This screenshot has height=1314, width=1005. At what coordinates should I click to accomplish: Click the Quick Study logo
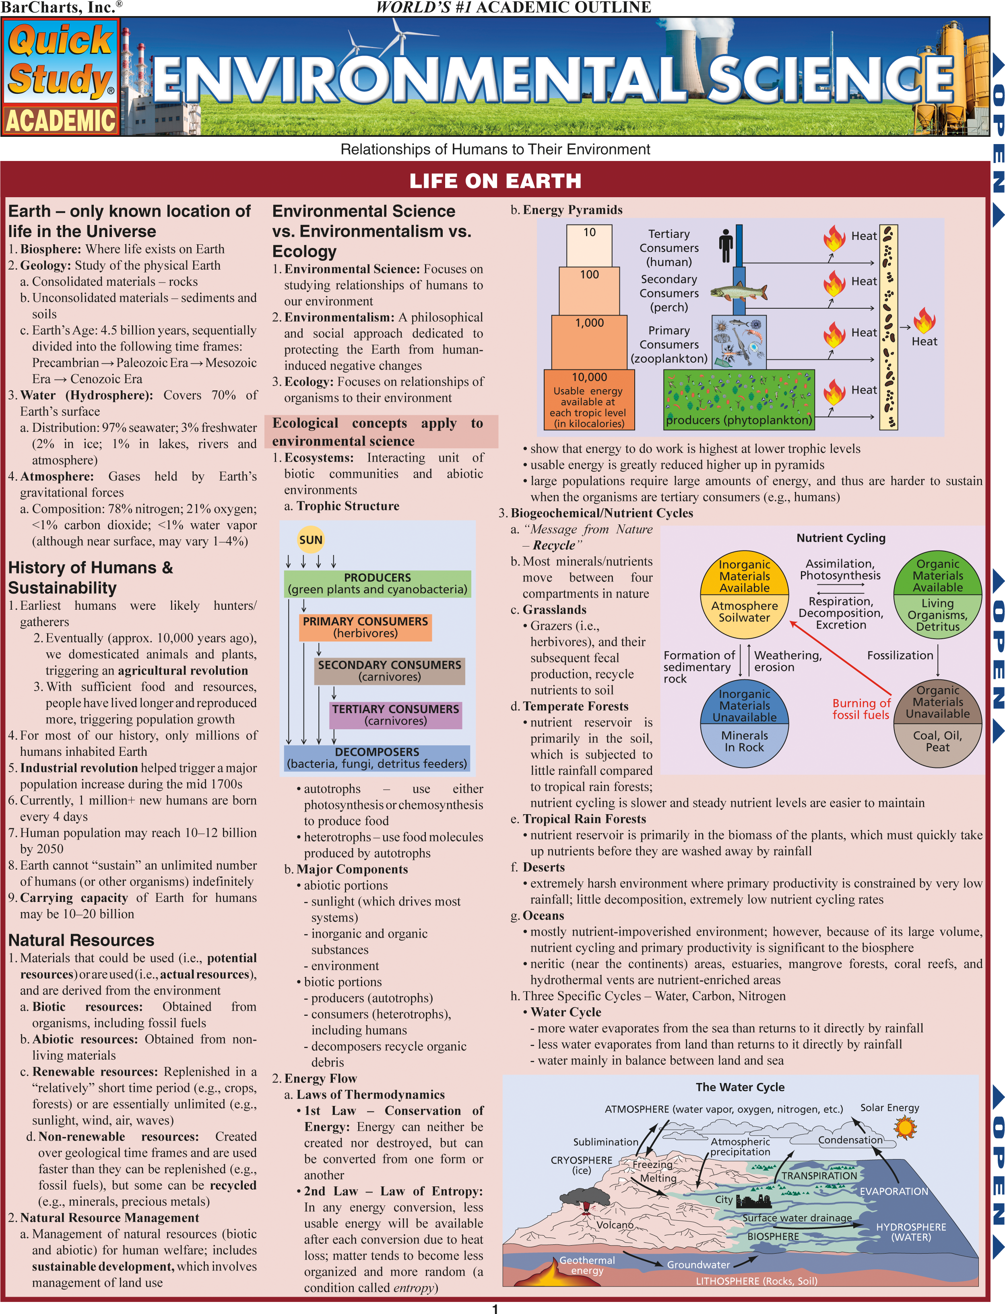60,76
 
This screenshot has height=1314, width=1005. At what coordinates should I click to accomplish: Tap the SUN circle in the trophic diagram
310,539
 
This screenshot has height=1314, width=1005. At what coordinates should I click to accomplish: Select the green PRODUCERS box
378,584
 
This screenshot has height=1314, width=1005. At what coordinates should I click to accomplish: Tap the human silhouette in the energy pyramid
726,245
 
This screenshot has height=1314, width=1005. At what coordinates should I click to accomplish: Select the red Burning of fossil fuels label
861,709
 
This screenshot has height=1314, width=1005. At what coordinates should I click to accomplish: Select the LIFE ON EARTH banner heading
495,181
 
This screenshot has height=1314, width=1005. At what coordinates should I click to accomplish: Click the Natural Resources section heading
81,940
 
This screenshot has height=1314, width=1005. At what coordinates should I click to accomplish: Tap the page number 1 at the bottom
495,1308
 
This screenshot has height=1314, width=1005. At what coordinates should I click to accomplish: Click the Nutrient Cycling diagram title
840,538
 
